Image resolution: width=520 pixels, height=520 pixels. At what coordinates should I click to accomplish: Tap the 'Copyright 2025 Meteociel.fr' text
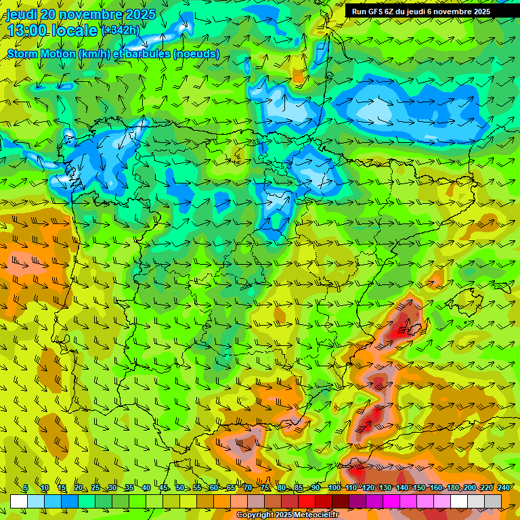pos(287,515)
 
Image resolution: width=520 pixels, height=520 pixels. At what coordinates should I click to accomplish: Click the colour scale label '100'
pos(334,487)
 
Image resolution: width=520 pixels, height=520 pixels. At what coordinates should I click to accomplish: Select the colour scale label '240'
pos(503,487)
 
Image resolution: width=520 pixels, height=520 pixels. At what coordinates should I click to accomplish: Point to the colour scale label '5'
pos(26,487)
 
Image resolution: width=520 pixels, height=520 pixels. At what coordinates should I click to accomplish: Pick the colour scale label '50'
pos(180,487)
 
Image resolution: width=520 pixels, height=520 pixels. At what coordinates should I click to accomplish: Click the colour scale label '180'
pos(452,487)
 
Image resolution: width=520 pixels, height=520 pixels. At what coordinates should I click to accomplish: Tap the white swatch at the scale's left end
pos(19,501)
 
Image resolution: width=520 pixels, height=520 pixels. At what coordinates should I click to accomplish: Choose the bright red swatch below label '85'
pos(307,501)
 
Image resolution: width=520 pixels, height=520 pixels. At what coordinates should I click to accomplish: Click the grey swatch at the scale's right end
pos(493,501)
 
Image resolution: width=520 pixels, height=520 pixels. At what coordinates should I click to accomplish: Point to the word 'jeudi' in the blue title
pos(22,14)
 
